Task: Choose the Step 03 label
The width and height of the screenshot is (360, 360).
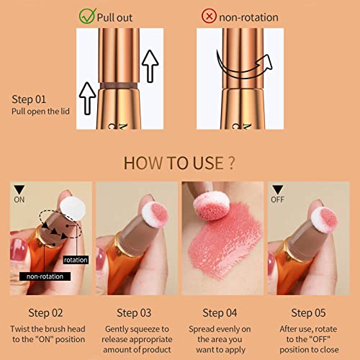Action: (135, 312)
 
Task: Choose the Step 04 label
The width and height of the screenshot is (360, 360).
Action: (222, 312)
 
